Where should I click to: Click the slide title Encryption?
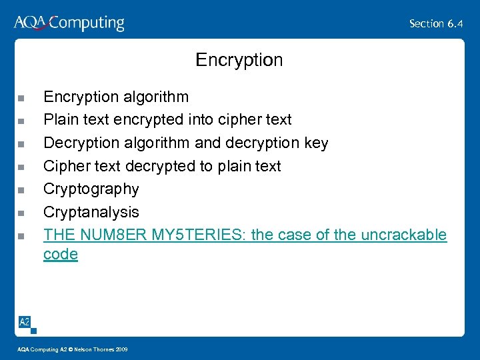coord(239,60)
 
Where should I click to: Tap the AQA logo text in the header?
coord(30,23)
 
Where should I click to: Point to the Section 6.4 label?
coord(436,23)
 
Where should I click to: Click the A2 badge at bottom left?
coord(25,322)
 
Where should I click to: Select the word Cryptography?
coord(91,189)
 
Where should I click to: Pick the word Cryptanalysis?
coord(91,212)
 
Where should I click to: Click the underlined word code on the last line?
coord(60,254)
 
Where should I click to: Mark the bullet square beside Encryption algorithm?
coord(21,98)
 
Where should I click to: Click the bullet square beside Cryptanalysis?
coord(21,213)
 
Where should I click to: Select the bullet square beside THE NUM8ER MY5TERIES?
coord(21,236)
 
